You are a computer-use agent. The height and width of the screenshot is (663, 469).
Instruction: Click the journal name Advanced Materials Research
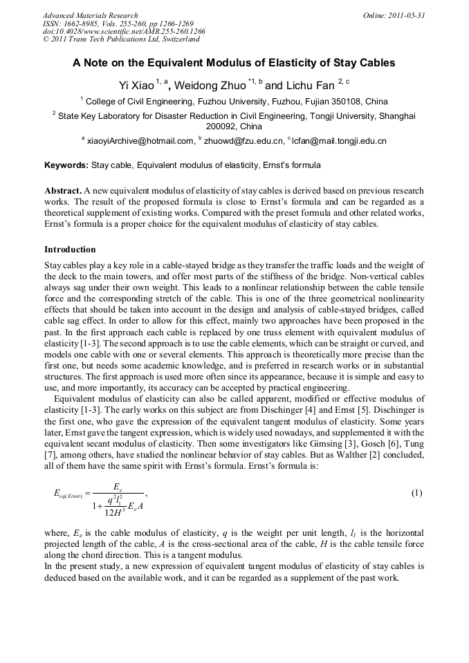pyautogui.click(x=90, y=15)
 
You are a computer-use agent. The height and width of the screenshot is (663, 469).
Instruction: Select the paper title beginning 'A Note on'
pyautogui.click(x=234, y=63)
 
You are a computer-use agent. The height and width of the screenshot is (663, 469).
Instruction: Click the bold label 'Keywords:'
pyautogui.click(x=66, y=166)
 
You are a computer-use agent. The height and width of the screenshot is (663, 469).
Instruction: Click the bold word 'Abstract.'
pyautogui.click(x=64, y=190)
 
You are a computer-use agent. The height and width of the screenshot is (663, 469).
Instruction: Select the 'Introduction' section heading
pyautogui.click(x=70, y=249)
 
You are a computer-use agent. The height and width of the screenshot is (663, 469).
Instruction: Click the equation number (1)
pyautogui.click(x=416, y=493)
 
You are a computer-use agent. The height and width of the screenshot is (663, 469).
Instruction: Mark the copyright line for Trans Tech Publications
pyautogui.click(x=121, y=40)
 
